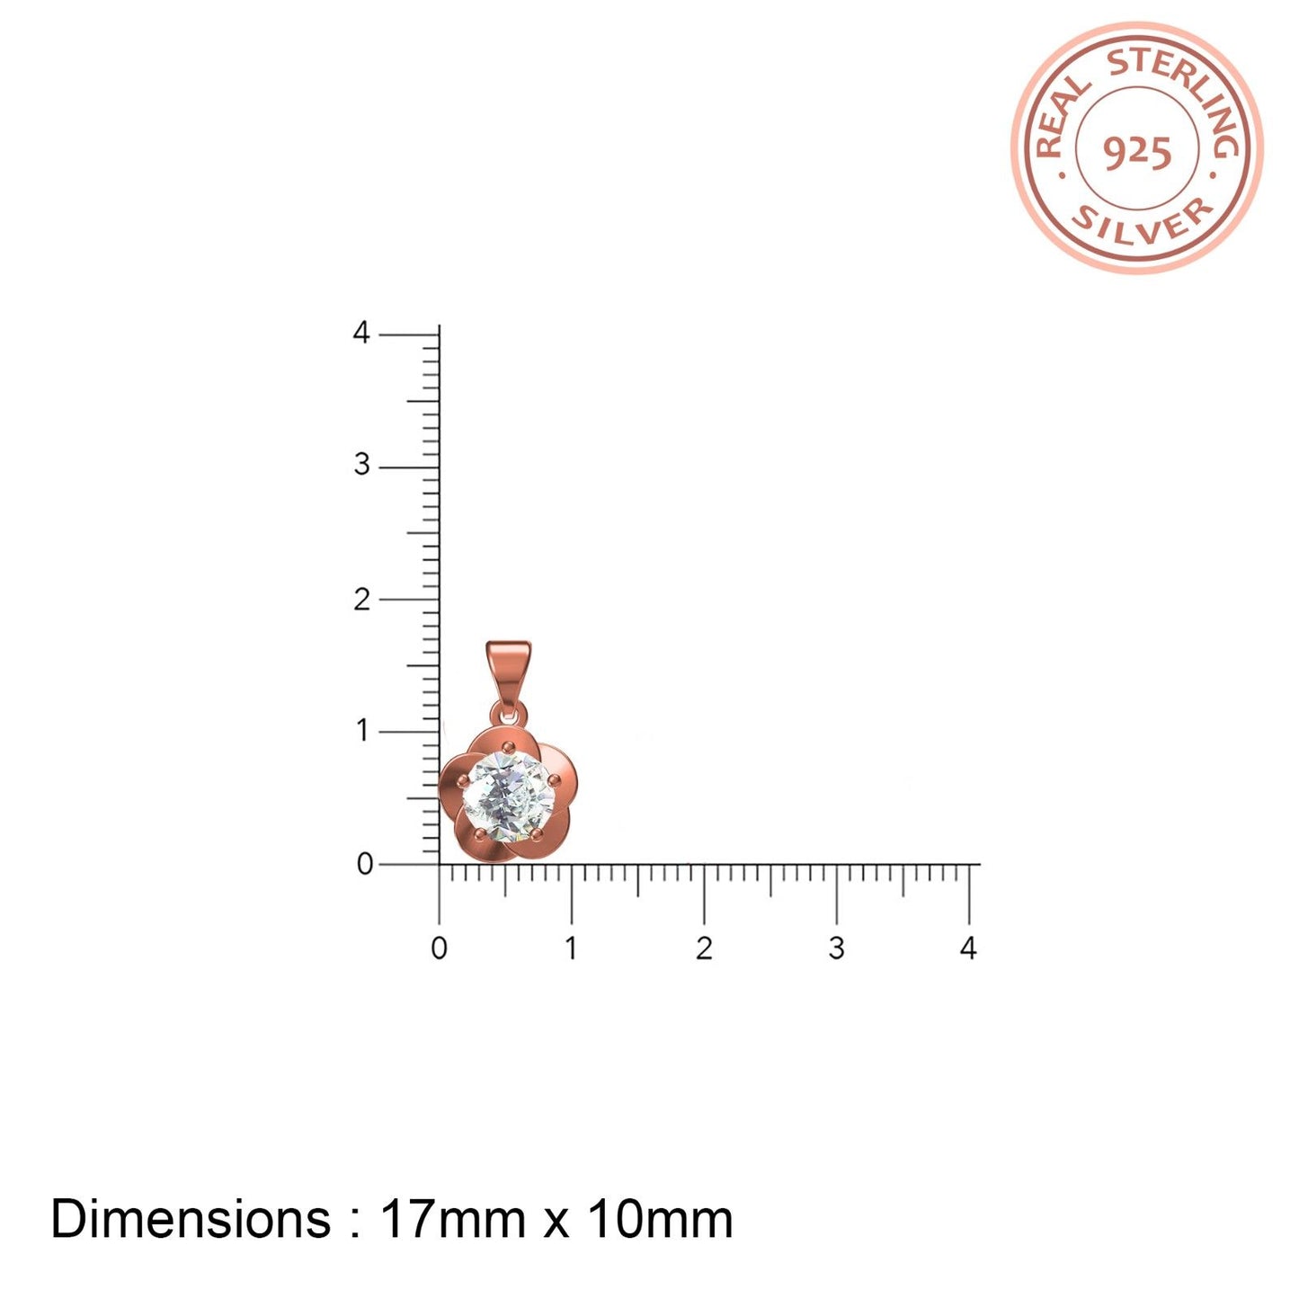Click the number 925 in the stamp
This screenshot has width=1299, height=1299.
pyautogui.click(x=1137, y=152)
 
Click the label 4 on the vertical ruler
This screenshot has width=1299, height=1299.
pyautogui.click(x=361, y=334)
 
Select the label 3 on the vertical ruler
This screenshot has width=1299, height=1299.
pyautogui.click(x=361, y=465)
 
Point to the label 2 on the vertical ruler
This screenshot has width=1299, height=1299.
pyautogui.click(x=361, y=600)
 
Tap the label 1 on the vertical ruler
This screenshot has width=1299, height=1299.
pyautogui.click(x=362, y=731)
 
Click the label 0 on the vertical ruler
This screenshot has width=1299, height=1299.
pyautogui.click(x=364, y=864)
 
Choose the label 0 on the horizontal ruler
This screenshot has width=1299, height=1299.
pyautogui.click(x=439, y=948)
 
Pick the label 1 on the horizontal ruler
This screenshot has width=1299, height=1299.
pyautogui.click(x=571, y=948)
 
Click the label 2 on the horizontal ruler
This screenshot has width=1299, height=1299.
pyautogui.click(x=704, y=948)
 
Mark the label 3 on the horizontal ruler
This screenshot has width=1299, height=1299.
pyautogui.click(x=836, y=948)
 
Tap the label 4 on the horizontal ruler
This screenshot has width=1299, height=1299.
pyautogui.click(x=968, y=948)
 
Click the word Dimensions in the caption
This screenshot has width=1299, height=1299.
pyautogui.click(x=191, y=1220)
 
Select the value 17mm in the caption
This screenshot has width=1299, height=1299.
pyautogui.click(x=453, y=1220)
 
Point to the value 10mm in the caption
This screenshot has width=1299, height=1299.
pyautogui.click(x=661, y=1220)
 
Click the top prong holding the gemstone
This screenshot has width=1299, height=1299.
pyautogui.click(x=509, y=746)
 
